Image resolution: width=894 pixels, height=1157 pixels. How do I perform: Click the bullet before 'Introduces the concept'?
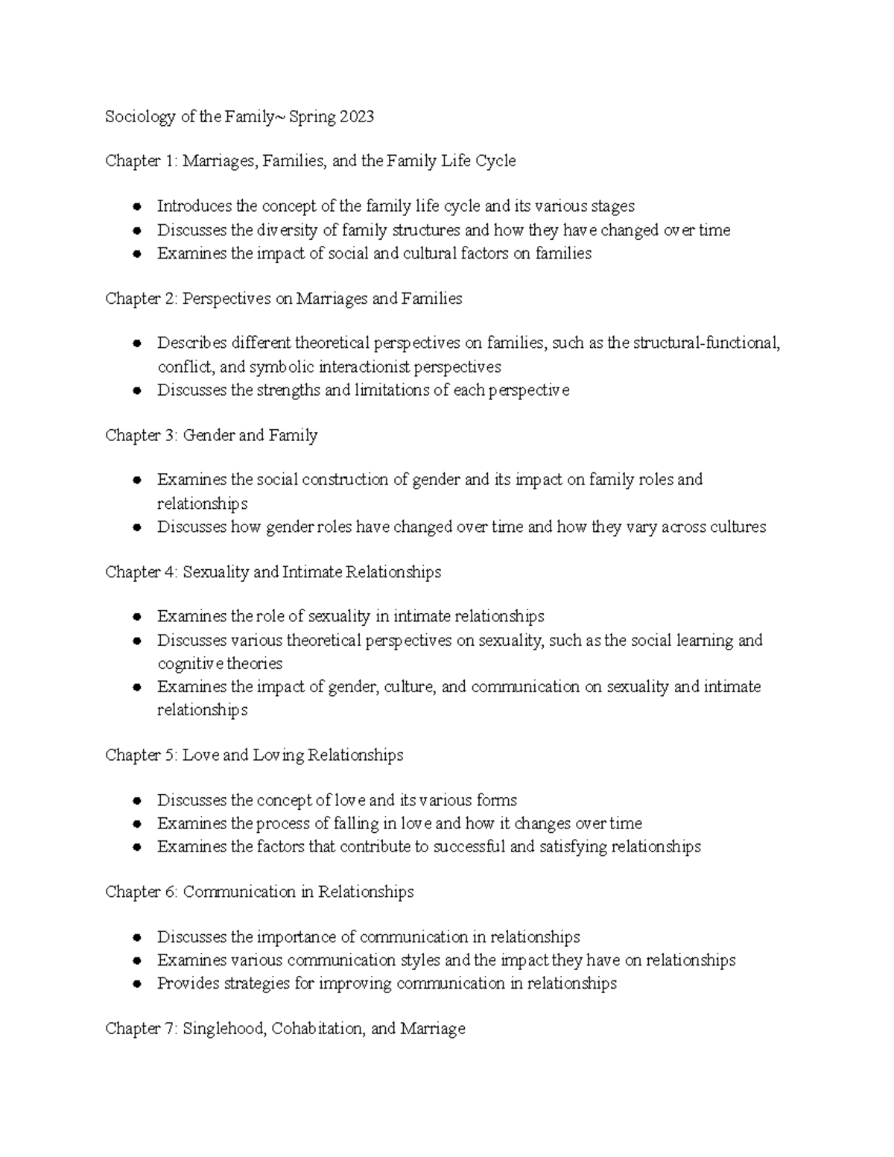[136, 206]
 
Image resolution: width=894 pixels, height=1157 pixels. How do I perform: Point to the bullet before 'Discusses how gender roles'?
[136, 527]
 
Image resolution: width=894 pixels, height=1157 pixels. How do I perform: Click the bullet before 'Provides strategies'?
[136, 984]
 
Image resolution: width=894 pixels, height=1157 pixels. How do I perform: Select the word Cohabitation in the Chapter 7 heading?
[318, 1029]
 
